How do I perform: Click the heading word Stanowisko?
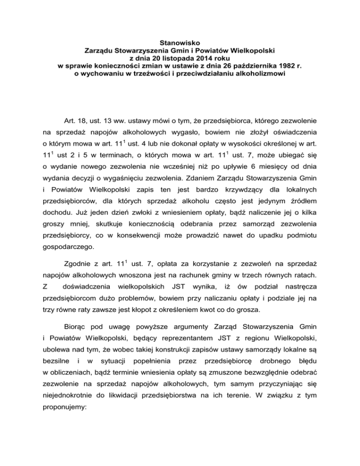coord(180,41)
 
